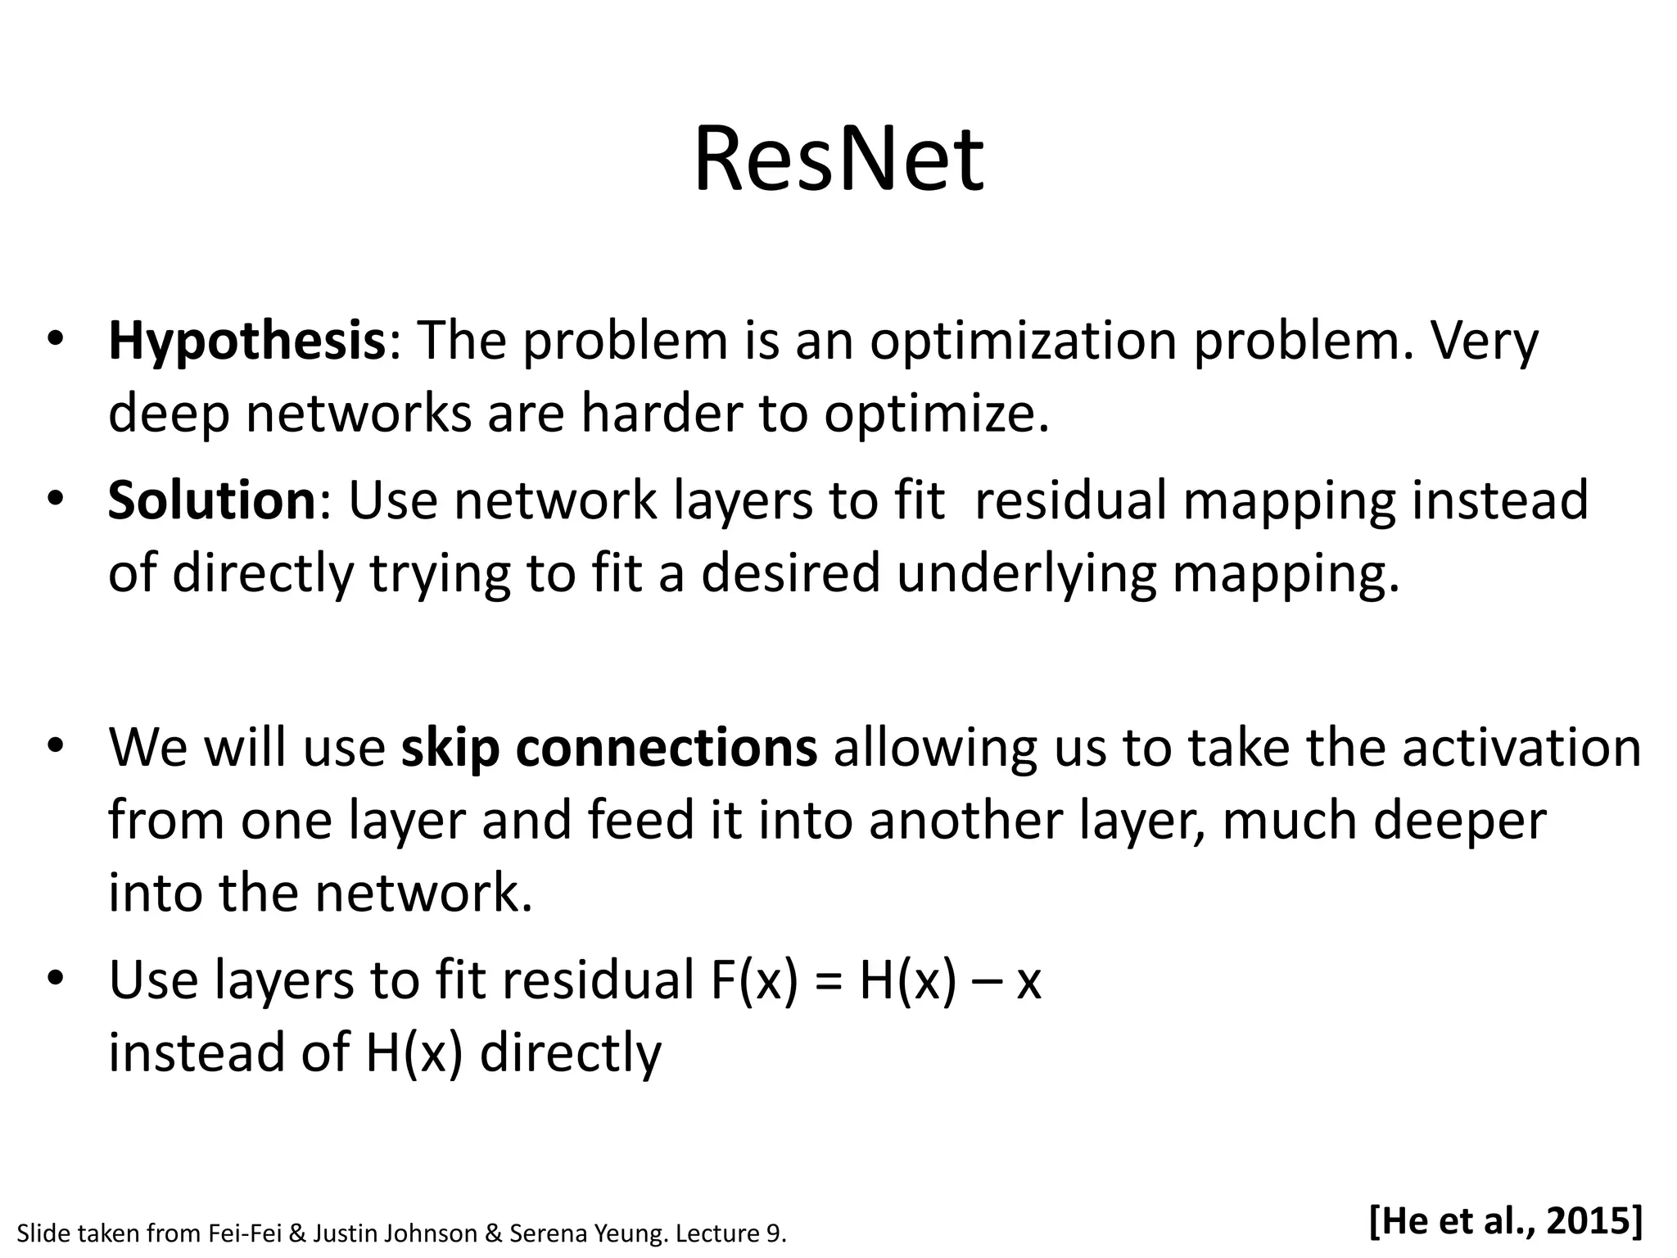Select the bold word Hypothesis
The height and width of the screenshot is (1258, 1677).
tap(246, 342)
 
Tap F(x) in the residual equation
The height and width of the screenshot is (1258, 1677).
tap(753, 980)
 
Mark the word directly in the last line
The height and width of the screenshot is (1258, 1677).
tap(570, 1053)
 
